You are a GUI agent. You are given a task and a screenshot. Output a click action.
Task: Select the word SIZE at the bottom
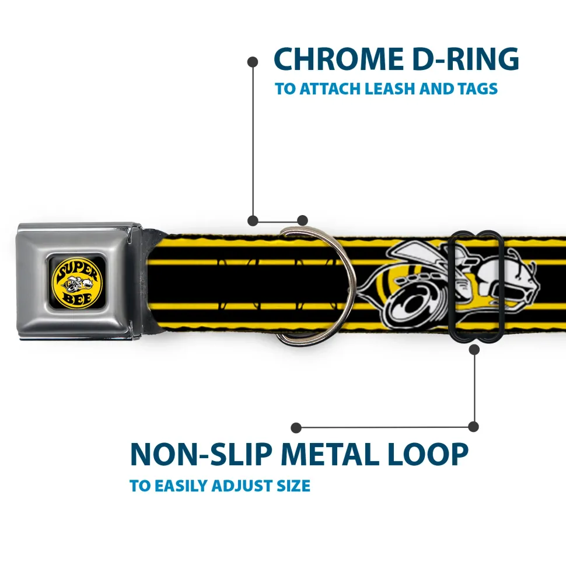click(292, 486)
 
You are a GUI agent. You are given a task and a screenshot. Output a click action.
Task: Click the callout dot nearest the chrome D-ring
click(302, 220)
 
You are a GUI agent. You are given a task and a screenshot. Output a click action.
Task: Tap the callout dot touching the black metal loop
click(474, 349)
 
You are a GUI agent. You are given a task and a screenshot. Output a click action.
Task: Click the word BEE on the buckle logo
click(75, 296)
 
